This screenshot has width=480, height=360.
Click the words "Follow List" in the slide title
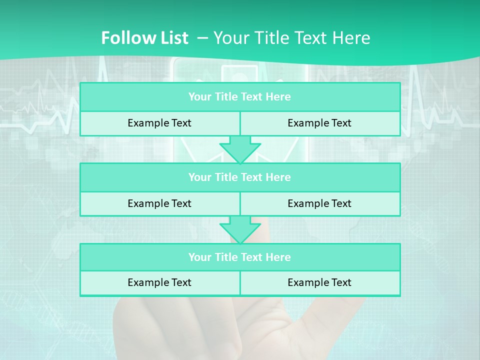[x=144, y=38]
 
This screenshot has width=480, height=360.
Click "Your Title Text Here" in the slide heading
[x=292, y=38]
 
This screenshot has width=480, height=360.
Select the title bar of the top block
[x=240, y=97]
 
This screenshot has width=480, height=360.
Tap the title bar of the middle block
[x=240, y=177]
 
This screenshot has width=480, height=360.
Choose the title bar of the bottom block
[x=240, y=257]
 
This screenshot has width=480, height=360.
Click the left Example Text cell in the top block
[x=159, y=123]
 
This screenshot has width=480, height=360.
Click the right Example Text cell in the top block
[x=320, y=123]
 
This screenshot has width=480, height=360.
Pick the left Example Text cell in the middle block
[x=159, y=204]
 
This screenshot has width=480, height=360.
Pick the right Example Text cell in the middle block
[x=320, y=204]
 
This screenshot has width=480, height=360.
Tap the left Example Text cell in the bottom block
[x=159, y=283]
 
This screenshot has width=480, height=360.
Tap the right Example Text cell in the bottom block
[x=320, y=283]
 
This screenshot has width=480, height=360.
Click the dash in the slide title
[x=202, y=38]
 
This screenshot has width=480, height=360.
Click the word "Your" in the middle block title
[x=199, y=177]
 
